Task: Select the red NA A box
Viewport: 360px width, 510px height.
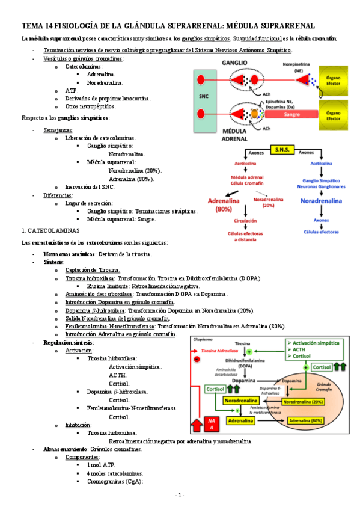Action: tap(212, 423)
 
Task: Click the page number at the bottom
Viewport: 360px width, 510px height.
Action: tap(179, 495)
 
